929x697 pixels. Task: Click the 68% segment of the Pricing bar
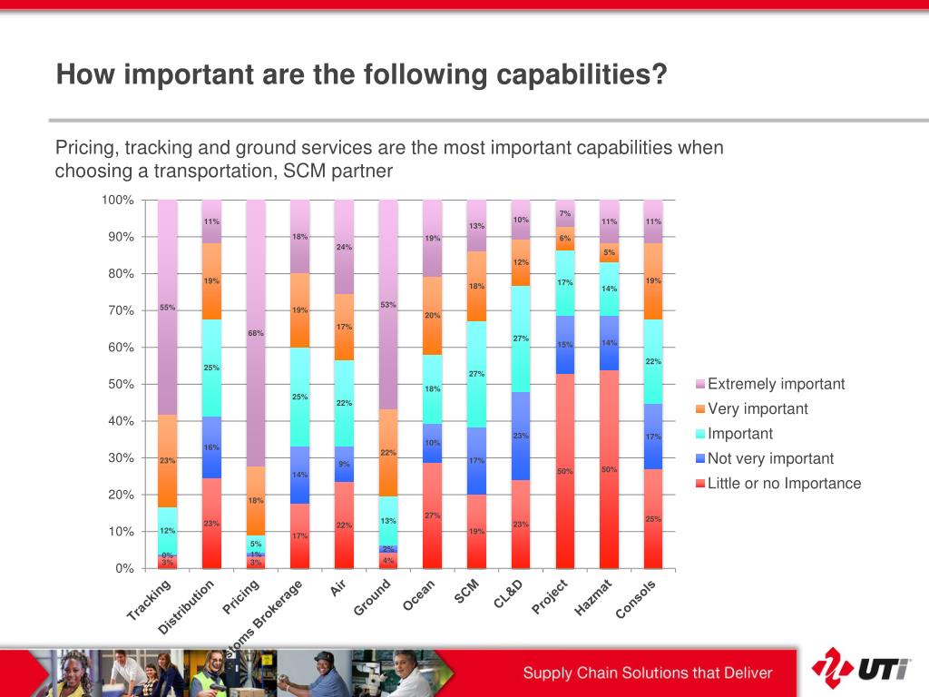(x=256, y=333)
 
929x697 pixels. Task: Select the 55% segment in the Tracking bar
(x=167, y=307)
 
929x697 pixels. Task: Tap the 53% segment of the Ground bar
(x=388, y=304)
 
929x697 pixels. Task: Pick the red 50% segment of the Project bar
(x=565, y=471)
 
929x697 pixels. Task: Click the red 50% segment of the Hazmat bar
(x=610, y=469)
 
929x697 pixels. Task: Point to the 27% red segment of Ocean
(x=433, y=515)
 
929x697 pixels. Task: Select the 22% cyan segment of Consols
(x=653, y=361)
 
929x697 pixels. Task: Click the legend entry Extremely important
(x=776, y=384)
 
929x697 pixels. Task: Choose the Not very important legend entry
(x=770, y=458)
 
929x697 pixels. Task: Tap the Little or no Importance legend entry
(x=784, y=483)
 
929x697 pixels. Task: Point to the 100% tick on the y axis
(x=118, y=200)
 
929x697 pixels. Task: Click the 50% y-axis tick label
(x=121, y=384)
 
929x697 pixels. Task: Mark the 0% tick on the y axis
(x=124, y=568)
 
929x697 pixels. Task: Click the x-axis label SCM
(x=466, y=592)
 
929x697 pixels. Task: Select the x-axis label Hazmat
(x=595, y=599)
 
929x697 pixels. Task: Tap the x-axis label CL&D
(x=510, y=594)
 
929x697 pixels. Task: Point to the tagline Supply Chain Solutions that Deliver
(x=647, y=672)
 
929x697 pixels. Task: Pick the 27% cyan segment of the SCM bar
(x=477, y=374)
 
